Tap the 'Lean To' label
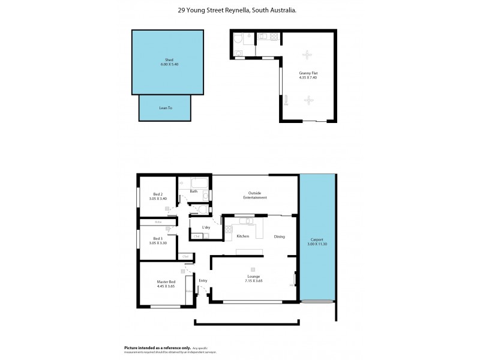[166, 108]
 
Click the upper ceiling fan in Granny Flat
[308, 55]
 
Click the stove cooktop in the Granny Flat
[274, 38]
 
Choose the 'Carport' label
[317, 241]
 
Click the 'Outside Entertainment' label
[255, 196]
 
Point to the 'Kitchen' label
[242, 236]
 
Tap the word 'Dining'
[280, 236]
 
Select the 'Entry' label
[203, 280]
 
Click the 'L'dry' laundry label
[206, 227]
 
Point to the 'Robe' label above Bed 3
[158, 222]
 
